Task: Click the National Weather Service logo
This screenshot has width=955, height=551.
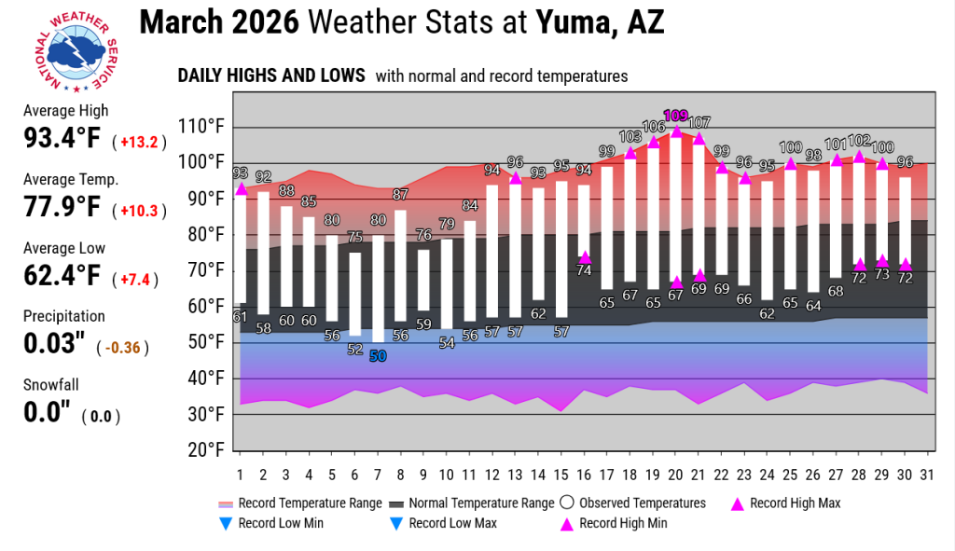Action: point(76,52)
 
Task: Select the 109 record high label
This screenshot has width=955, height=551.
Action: point(675,115)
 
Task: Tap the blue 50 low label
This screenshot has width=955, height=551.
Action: point(378,356)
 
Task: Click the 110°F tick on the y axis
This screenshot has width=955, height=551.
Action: point(201,127)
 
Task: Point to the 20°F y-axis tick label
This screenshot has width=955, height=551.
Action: point(201,450)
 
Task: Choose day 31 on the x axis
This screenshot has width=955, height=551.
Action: point(927,475)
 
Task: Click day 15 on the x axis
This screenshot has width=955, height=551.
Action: point(561,475)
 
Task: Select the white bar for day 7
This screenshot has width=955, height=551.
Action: point(378,289)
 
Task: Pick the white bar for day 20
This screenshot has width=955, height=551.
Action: point(675,206)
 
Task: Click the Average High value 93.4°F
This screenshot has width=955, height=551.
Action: point(62,138)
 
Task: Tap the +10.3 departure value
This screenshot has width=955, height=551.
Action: point(139,211)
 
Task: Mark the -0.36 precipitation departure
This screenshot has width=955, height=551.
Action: point(122,348)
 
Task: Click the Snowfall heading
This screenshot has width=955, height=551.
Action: point(51,385)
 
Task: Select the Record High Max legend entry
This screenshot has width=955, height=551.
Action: point(785,503)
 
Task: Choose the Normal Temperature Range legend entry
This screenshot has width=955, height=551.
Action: point(472,503)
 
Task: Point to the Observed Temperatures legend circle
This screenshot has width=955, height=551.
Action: point(567,503)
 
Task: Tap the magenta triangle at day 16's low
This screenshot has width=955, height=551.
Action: point(584,257)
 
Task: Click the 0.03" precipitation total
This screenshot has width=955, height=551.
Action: point(54,343)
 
